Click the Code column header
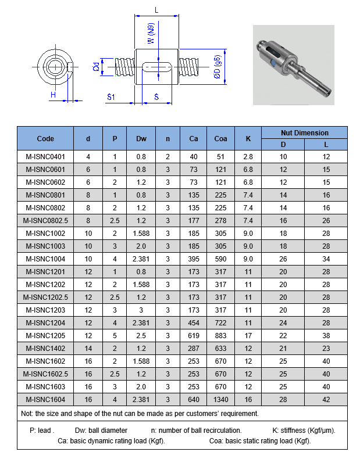(45, 138)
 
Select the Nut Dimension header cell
(304, 132)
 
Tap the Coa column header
(220, 138)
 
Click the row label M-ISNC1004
(45, 258)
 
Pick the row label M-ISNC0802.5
(45, 220)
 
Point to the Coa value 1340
(220, 399)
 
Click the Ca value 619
(194, 335)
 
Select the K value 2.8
(248, 157)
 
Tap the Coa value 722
(220, 322)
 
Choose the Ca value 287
(194, 348)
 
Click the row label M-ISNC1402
(45, 348)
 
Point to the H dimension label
(52, 95)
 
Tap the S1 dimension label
(111, 96)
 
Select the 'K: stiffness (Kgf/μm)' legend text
(304, 431)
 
